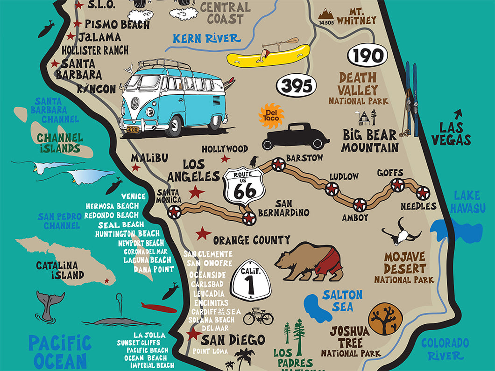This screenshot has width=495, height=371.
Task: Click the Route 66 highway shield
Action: tap(244, 187)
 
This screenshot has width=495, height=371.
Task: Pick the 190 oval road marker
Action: tap(368, 56)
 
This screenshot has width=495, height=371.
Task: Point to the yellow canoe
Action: tap(269, 55)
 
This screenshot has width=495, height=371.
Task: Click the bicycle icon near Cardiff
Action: tap(258, 317)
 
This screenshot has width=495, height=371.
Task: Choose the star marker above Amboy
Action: tap(360, 204)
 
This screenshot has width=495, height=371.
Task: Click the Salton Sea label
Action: tap(342, 300)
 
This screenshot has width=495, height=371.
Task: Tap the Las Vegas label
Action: tap(451, 133)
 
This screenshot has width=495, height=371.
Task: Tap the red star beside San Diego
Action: tap(192, 334)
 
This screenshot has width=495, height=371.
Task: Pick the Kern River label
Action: tap(206, 38)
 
